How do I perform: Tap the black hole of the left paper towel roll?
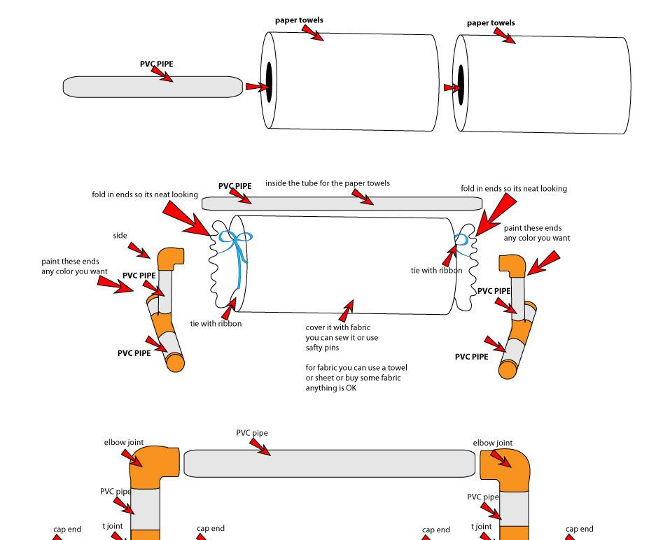point(269,81)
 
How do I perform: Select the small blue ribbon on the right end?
point(462,240)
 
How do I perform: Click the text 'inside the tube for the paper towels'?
point(327,183)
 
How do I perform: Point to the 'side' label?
point(120,236)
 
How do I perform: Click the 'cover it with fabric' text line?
point(338,327)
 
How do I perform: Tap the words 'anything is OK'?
point(330,388)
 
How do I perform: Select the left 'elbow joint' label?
point(124,442)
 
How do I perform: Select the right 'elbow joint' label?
point(492,443)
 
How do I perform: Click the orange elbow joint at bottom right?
point(505,467)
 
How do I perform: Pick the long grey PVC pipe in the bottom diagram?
point(329,464)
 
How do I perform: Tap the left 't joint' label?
point(113,526)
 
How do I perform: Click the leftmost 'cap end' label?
point(67,530)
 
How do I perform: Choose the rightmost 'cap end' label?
point(579,529)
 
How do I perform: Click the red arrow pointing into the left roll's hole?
point(256,87)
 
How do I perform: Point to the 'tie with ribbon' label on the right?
point(436,270)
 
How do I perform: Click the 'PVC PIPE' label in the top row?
point(156,64)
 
